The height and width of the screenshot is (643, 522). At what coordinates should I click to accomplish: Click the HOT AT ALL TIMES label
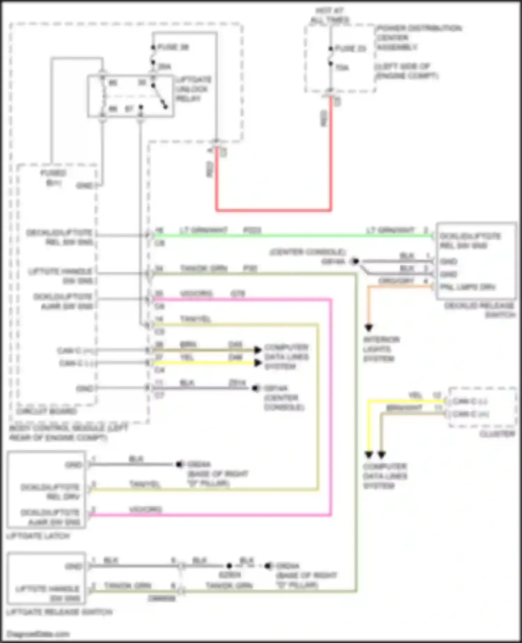330,15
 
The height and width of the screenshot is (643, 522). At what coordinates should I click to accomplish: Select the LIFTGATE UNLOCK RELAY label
193,89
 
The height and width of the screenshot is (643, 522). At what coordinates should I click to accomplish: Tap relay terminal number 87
129,109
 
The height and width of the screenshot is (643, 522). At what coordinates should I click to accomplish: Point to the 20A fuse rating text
164,66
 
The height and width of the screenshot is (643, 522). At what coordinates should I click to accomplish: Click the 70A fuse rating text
342,68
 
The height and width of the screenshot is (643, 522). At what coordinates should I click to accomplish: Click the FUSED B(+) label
53,178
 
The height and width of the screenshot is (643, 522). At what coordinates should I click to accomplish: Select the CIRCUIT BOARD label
46,411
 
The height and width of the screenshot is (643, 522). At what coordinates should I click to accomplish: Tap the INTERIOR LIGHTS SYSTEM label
381,349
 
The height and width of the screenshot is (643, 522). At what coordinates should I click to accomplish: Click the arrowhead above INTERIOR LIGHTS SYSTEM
369,328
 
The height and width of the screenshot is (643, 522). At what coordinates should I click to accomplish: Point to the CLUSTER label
497,434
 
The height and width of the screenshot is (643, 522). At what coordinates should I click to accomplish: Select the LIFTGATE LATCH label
38,536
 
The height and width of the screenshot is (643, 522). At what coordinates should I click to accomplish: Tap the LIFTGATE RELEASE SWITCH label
59,612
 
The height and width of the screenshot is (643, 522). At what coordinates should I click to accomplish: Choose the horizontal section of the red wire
273,210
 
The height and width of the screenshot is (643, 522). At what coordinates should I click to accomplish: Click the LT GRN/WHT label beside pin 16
203,230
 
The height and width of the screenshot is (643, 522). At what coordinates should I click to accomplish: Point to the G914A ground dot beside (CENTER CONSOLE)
355,261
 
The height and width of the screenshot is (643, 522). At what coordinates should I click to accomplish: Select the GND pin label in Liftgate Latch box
73,465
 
